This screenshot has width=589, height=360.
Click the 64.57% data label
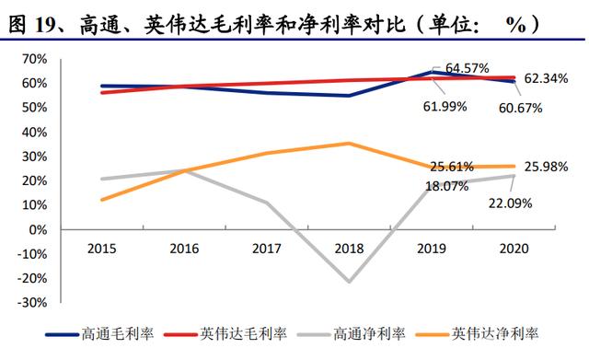tap(467, 68)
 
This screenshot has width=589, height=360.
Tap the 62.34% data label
tap(546, 78)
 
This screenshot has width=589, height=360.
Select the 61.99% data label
tap(445, 107)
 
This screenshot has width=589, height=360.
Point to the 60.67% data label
tap(520, 109)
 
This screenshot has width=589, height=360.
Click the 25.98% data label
tap(546, 167)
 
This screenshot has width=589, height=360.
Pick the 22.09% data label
tap(510, 203)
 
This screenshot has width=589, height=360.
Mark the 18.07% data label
tap(447, 186)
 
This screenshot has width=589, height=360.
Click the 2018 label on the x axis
tap(349, 249)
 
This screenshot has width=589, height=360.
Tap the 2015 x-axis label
tap(102, 249)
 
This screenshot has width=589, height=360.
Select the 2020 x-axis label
tap(514, 249)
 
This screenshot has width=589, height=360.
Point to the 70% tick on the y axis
tap(35, 59)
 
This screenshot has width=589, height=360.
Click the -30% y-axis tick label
tap(32, 303)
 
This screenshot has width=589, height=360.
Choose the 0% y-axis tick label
tap(38, 229)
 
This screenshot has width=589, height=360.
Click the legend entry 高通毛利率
tap(99, 333)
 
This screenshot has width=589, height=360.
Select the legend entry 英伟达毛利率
tap(225, 333)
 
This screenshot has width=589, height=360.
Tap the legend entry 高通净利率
tap(352, 333)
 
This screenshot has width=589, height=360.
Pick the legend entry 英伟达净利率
tap(478, 333)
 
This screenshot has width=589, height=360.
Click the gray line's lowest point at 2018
tap(349, 282)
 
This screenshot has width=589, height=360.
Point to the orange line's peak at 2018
tap(349, 143)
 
